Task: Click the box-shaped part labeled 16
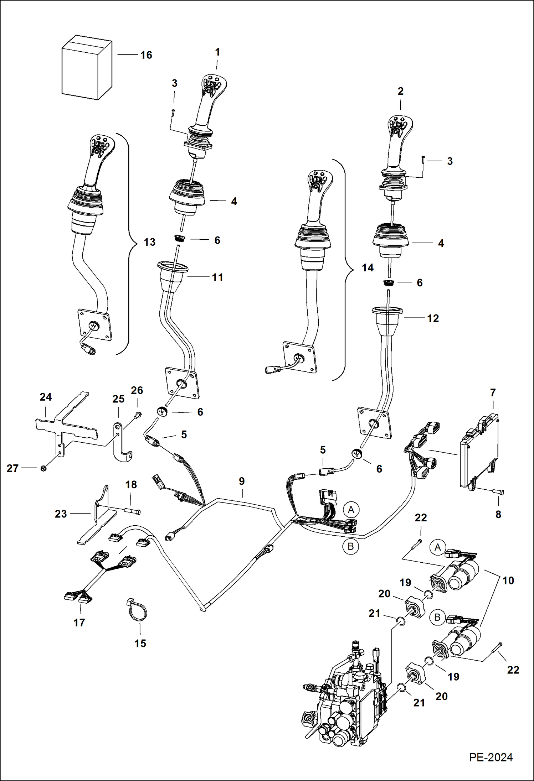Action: coord(87,68)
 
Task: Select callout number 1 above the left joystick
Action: coord(217,52)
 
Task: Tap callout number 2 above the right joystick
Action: coord(400,92)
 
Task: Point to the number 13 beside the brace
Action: coord(149,242)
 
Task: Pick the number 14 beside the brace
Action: coord(368,268)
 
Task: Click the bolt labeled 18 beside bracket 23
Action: coord(133,511)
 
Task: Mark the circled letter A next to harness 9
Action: coord(351,510)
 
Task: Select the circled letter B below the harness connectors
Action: coord(350,546)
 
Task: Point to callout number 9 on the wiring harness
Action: coord(242,481)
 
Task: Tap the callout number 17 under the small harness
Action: coord(79,623)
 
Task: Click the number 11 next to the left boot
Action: coord(217,277)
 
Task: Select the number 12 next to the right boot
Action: coord(433,318)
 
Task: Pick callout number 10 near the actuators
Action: coord(508,580)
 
